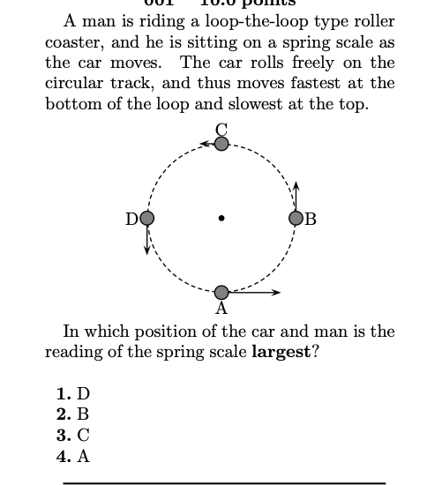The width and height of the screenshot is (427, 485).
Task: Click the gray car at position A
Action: tap(221, 292)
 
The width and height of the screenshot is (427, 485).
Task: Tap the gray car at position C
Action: tap(221, 142)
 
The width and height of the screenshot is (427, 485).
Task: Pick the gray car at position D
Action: tap(147, 218)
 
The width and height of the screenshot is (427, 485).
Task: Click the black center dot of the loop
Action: tap(221, 218)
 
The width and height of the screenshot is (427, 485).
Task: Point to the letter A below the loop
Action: tap(221, 309)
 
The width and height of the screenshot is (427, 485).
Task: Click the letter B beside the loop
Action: tap(311, 219)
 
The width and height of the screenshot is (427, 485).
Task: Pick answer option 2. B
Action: tap(73, 414)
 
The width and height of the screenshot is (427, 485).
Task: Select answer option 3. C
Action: tap(73, 436)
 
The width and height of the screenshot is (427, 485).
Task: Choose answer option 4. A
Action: tap(73, 456)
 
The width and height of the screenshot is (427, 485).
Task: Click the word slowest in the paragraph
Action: tap(286, 103)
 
